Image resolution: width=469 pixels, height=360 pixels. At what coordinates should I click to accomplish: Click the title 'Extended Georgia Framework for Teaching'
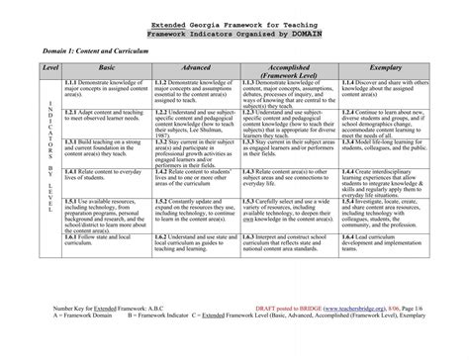click(x=234, y=20)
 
